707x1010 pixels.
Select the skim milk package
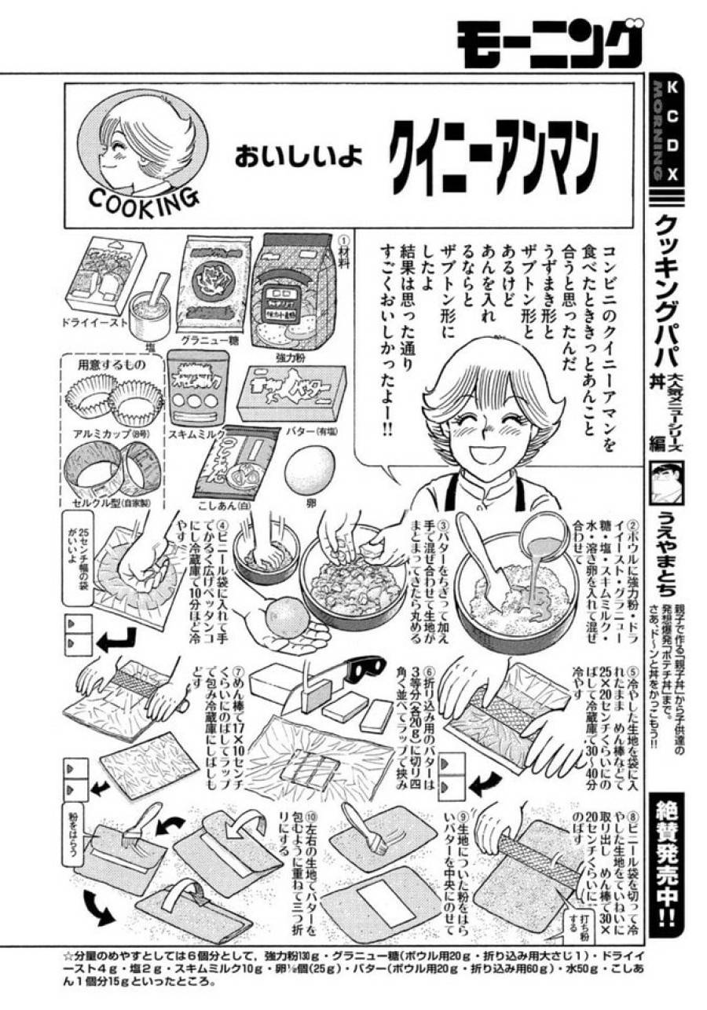click(196, 390)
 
